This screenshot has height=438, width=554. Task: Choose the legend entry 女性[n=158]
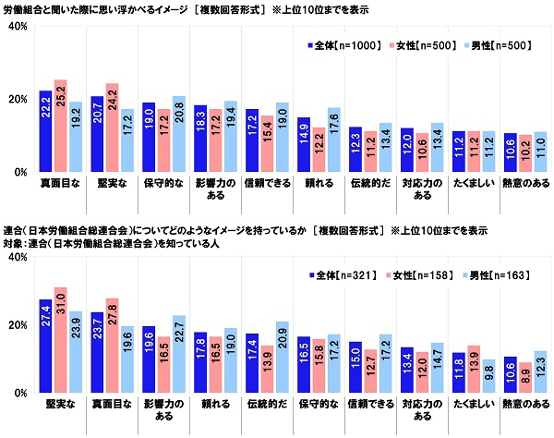pos(415,274)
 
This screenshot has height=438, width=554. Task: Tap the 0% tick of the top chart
pos(19,172)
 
